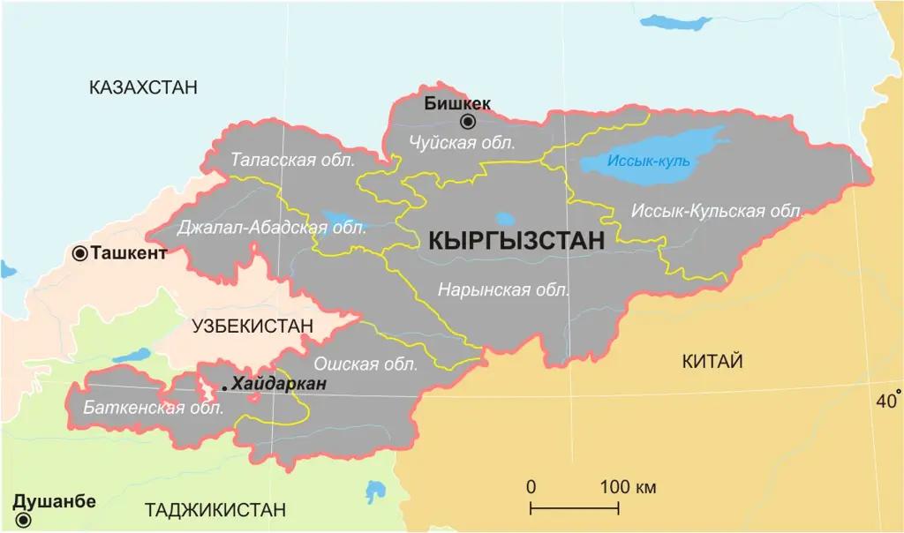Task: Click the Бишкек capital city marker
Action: pyautogui.click(x=468, y=122)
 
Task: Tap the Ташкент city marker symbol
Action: pyautogui.click(x=80, y=254)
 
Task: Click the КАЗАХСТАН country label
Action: pyautogui.click(x=143, y=86)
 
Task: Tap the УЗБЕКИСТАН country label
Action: pyautogui.click(x=252, y=326)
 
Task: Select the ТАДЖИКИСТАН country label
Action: pyautogui.click(x=215, y=510)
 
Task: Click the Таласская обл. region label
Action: pyautogui.click(x=293, y=161)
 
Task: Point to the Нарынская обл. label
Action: pyautogui.click(x=504, y=289)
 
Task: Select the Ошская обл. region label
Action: pyautogui.click(x=365, y=362)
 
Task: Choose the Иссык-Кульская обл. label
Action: pyautogui.click(x=718, y=211)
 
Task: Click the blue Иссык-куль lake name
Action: pyautogui.click(x=648, y=161)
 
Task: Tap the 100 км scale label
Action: pyautogui.click(x=627, y=487)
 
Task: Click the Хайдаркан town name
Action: pyautogui.click(x=279, y=384)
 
